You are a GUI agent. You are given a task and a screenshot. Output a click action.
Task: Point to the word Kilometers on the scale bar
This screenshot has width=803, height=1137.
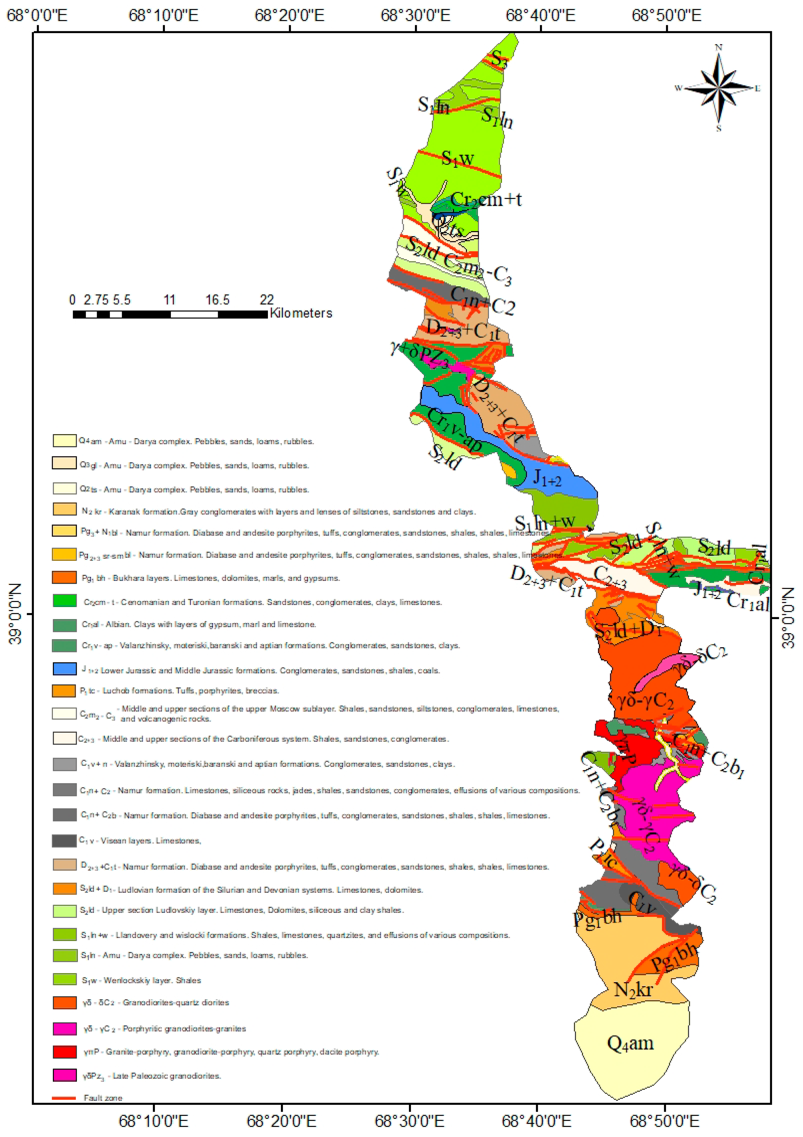pyautogui.click(x=301, y=313)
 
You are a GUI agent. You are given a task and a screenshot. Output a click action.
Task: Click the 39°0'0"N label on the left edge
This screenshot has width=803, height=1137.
pyautogui.click(x=15, y=614)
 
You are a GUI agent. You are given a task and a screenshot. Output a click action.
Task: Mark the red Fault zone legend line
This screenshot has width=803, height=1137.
pyautogui.click(x=64, y=1098)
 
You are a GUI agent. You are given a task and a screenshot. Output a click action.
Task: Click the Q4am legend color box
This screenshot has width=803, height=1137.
pyautogui.click(x=64, y=440)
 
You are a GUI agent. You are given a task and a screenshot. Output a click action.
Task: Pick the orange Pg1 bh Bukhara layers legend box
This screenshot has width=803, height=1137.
pyautogui.click(x=64, y=577)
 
